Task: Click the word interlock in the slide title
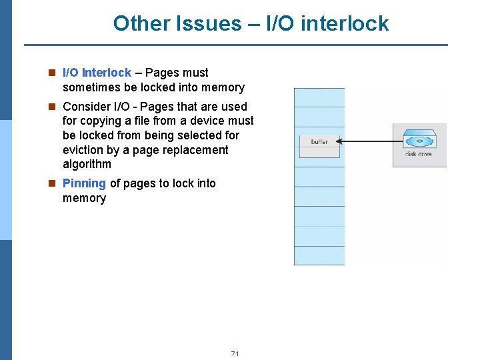(345, 24)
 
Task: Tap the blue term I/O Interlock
(97, 73)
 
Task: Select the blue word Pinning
(84, 183)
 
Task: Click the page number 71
(235, 353)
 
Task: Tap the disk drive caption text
(419, 155)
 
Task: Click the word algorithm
(87, 165)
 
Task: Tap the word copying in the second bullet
(99, 121)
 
